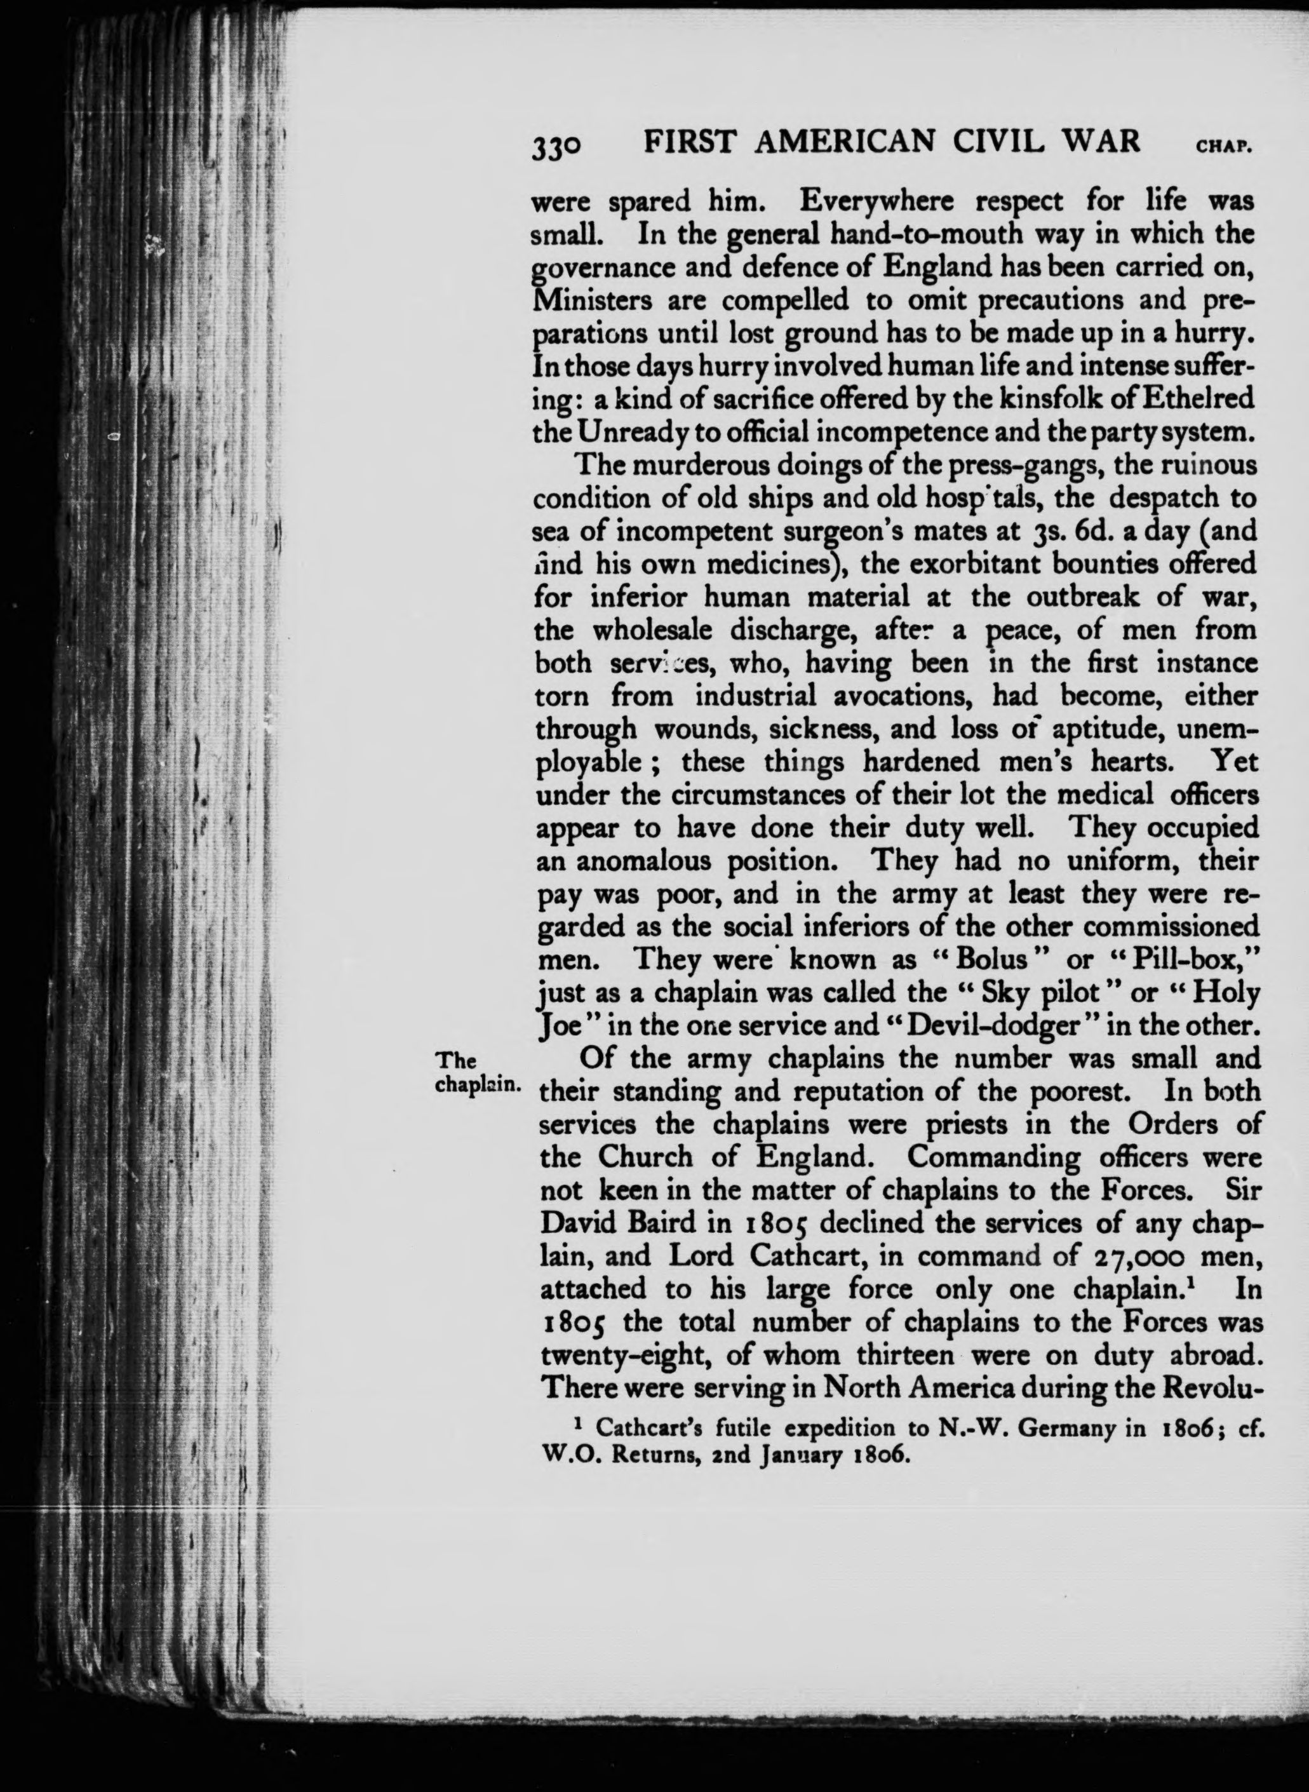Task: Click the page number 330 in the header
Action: (x=559, y=144)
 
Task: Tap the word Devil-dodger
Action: (x=1005, y=1025)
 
